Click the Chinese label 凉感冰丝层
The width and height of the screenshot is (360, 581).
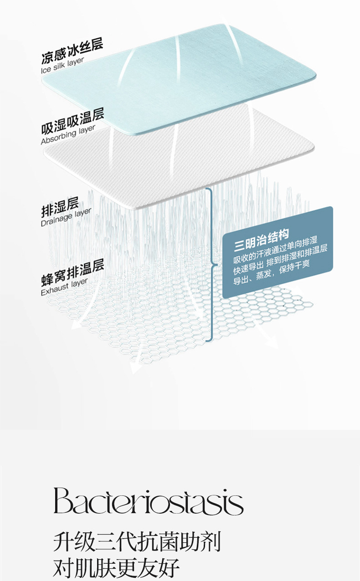pos(72,51)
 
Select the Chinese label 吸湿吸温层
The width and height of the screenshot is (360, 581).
pos(72,121)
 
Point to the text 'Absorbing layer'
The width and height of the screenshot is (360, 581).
pos(68,135)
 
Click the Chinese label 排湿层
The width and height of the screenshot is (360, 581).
pos(60,208)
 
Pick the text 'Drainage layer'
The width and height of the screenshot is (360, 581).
pos(66,217)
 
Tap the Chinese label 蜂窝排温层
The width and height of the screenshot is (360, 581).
pos(72,272)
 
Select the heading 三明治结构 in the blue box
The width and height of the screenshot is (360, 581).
pos(261,241)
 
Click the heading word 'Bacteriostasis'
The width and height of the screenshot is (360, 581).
pos(148,501)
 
